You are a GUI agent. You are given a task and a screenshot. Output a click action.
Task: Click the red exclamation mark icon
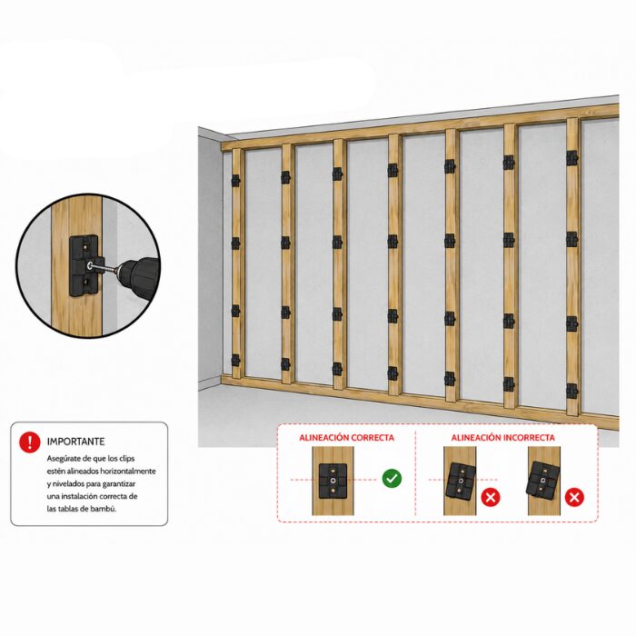(x=30, y=442)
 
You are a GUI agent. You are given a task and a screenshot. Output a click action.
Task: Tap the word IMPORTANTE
(x=75, y=442)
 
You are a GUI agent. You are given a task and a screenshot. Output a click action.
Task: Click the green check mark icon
(x=392, y=479)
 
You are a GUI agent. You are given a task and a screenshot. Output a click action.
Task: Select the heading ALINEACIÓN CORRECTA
(x=347, y=438)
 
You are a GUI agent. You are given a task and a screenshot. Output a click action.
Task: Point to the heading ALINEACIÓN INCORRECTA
(x=503, y=438)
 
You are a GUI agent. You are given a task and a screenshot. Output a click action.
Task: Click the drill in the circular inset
(x=137, y=273)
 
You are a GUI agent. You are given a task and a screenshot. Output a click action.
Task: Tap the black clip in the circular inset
(x=86, y=266)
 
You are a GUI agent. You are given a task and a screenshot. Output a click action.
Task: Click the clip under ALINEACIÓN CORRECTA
(x=333, y=481)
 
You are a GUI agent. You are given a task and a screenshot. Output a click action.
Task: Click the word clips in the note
(x=126, y=459)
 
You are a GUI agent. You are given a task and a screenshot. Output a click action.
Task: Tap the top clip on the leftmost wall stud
(x=235, y=181)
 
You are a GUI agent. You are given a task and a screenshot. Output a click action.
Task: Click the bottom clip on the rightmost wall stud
(x=571, y=391)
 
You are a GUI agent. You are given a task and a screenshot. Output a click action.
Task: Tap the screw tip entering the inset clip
(x=89, y=266)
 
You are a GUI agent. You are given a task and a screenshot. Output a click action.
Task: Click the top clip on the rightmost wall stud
(x=571, y=158)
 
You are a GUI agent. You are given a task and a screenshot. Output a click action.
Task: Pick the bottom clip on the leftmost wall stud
(x=235, y=360)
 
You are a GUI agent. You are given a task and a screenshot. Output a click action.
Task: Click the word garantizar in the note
(x=119, y=484)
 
